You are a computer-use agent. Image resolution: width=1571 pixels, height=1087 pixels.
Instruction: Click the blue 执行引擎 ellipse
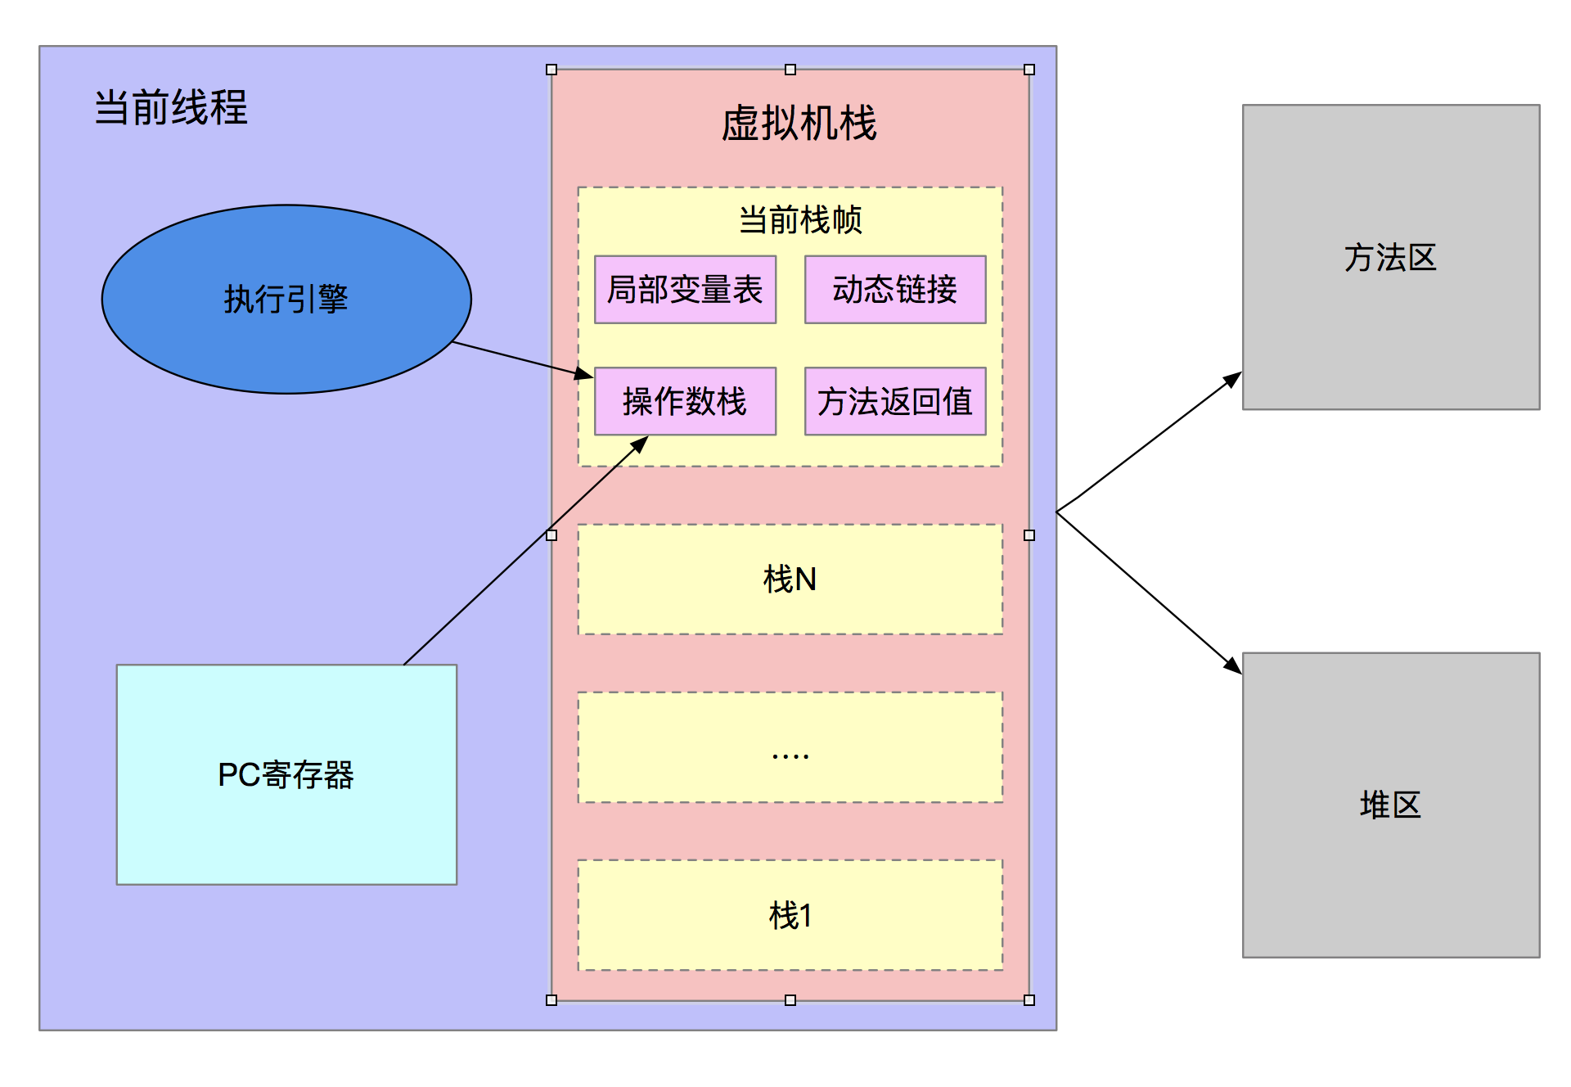(x=286, y=299)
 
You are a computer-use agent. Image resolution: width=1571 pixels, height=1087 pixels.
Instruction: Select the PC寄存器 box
(x=286, y=774)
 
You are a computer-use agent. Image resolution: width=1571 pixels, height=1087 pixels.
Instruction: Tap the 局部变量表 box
(x=685, y=290)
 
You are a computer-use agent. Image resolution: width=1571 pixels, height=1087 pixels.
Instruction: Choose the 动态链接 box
(x=895, y=290)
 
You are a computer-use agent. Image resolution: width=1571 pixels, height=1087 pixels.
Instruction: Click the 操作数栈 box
(x=685, y=401)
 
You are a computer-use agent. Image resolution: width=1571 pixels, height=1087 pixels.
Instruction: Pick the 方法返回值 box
(x=895, y=401)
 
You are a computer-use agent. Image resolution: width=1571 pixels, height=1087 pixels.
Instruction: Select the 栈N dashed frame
(x=790, y=580)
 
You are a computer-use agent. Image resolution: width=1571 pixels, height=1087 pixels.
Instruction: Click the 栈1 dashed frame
(x=790, y=915)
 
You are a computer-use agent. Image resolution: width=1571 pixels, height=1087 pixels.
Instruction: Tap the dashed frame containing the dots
(x=790, y=747)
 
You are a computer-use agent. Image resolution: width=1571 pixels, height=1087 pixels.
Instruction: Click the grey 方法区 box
(x=1391, y=257)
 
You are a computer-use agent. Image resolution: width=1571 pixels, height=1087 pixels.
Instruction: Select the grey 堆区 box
(x=1391, y=805)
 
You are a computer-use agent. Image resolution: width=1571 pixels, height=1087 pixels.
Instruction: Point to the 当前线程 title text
(x=170, y=107)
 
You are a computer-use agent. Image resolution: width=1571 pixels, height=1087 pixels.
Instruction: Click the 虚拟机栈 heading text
(x=799, y=124)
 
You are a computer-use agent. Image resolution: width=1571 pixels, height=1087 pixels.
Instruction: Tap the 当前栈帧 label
(x=800, y=220)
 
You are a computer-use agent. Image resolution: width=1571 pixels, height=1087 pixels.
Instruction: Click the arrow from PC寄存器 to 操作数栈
(x=524, y=553)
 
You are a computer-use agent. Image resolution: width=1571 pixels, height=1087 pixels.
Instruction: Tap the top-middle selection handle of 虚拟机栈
(x=790, y=70)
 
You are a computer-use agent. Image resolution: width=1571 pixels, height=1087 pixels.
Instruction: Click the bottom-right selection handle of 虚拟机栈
(x=1029, y=1000)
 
